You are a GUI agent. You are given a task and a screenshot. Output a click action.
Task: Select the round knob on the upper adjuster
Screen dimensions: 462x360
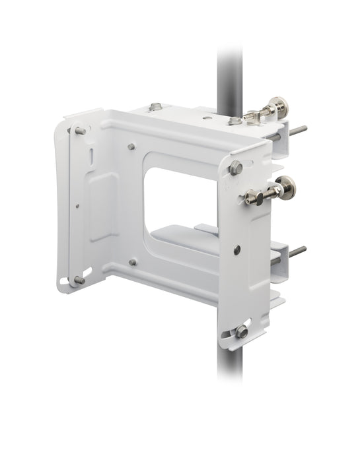(x=273, y=107)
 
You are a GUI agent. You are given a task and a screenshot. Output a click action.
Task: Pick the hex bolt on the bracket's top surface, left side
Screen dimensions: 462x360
(x=155, y=106)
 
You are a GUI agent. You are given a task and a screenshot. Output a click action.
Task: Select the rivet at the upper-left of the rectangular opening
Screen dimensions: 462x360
(x=132, y=147)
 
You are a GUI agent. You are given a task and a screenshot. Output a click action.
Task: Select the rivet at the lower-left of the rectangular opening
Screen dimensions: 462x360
(x=133, y=261)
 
